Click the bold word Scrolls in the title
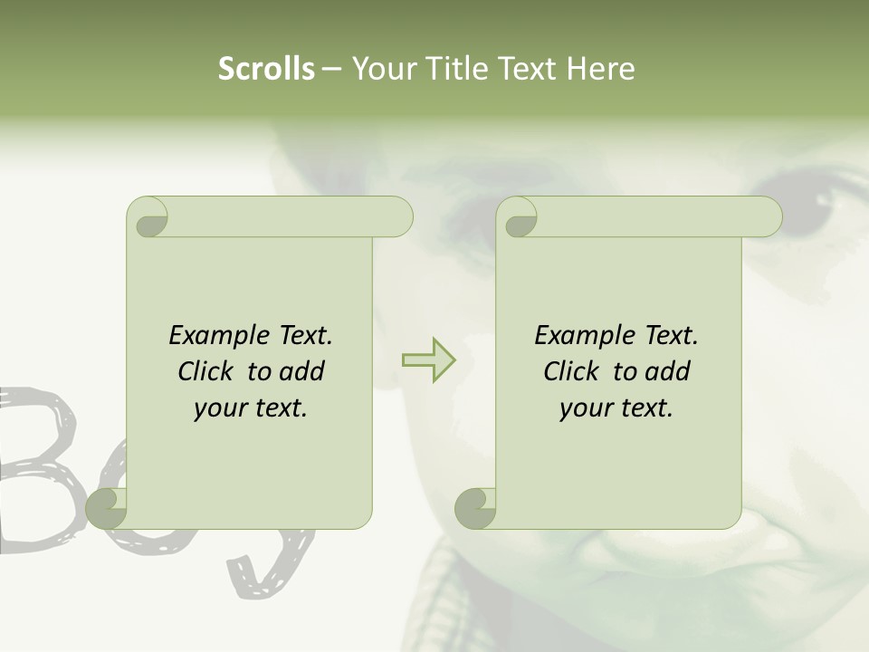pos(266,69)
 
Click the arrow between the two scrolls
pos(428,360)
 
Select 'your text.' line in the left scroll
pos(251,408)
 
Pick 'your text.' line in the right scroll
pos(616,408)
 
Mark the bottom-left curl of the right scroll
pos(475,509)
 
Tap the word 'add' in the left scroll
pos(301,371)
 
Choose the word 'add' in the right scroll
pos(666,371)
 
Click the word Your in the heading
pos(380,69)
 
